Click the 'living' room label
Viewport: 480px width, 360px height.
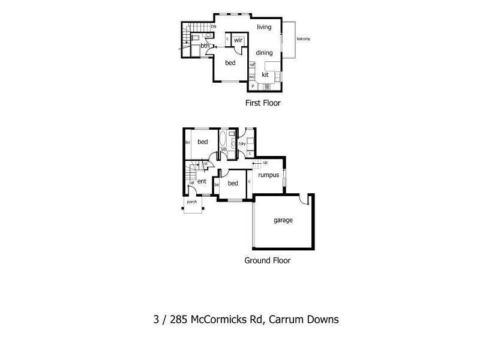[264, 28]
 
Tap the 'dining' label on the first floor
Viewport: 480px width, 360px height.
[264, 53]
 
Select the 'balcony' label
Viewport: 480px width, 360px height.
[302, 40]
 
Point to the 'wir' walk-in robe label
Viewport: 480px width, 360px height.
[238, 40]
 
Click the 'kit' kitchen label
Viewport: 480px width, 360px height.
[265, 75]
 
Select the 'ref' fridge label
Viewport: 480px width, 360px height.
[252, 65]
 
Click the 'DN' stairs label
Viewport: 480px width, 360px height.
[213, 26]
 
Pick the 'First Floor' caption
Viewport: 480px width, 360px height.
[263, 103]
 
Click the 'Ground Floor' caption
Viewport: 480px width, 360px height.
[267, 261]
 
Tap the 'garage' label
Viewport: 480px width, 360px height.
[283, 220]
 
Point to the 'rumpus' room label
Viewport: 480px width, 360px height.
[269, 175]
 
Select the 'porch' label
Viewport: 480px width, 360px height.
[192, 202]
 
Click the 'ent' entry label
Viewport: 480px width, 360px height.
[202, 181]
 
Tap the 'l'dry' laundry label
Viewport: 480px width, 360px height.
[242, 144]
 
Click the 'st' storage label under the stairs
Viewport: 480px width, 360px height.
[205, 163]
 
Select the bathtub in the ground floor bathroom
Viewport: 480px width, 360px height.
[222, 140]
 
